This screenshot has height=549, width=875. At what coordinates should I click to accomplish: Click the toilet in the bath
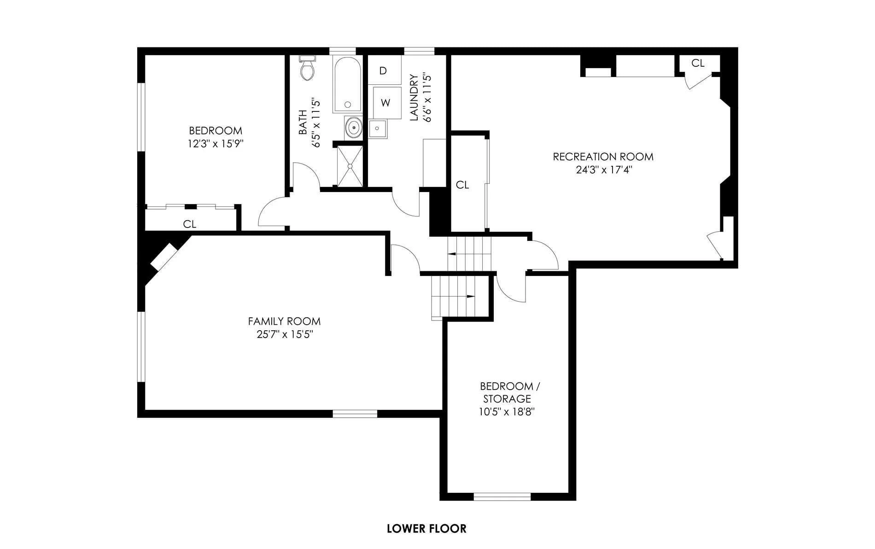point(307,68)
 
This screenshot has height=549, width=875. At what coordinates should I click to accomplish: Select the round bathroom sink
point(354,127)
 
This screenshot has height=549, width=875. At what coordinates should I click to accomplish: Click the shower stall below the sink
point(350,166)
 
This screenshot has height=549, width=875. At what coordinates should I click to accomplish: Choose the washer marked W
point(386,103)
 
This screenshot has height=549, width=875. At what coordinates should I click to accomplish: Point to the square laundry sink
point(378,128)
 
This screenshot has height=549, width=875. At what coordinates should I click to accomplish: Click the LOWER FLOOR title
point(426,528)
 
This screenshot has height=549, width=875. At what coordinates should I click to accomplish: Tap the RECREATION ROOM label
point(603,157)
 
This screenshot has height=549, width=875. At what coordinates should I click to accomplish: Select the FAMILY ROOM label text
point(284,321)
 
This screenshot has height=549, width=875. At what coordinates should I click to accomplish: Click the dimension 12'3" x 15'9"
point(215,144)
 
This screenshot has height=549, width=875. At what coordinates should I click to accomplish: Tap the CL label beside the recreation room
point(462,185)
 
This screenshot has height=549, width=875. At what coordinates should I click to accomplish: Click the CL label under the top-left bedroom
point(190,224)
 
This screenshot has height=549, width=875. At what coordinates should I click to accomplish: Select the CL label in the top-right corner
point(698,63)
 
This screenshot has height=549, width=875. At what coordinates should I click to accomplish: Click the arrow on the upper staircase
point(467,254)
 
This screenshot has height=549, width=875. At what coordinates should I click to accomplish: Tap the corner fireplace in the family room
point(164,257)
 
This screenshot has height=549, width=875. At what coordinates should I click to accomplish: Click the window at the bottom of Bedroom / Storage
point(502,496)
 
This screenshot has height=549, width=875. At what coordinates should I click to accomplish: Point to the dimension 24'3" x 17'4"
point(603,169)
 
